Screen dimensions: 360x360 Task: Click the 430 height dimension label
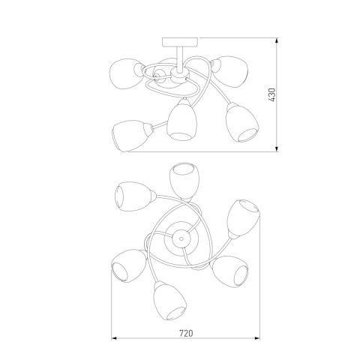[272, 94]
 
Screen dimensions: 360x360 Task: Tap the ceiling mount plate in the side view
[180, 42]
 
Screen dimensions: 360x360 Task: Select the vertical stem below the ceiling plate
[180, 58]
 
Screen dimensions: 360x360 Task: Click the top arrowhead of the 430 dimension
[277, 40]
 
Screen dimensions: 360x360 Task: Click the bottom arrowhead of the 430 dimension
[277, 149]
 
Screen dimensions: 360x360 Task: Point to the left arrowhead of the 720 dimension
[114, 338]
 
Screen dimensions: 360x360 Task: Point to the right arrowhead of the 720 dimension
[257, 338]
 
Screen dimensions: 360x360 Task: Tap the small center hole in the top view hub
[181, 237]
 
